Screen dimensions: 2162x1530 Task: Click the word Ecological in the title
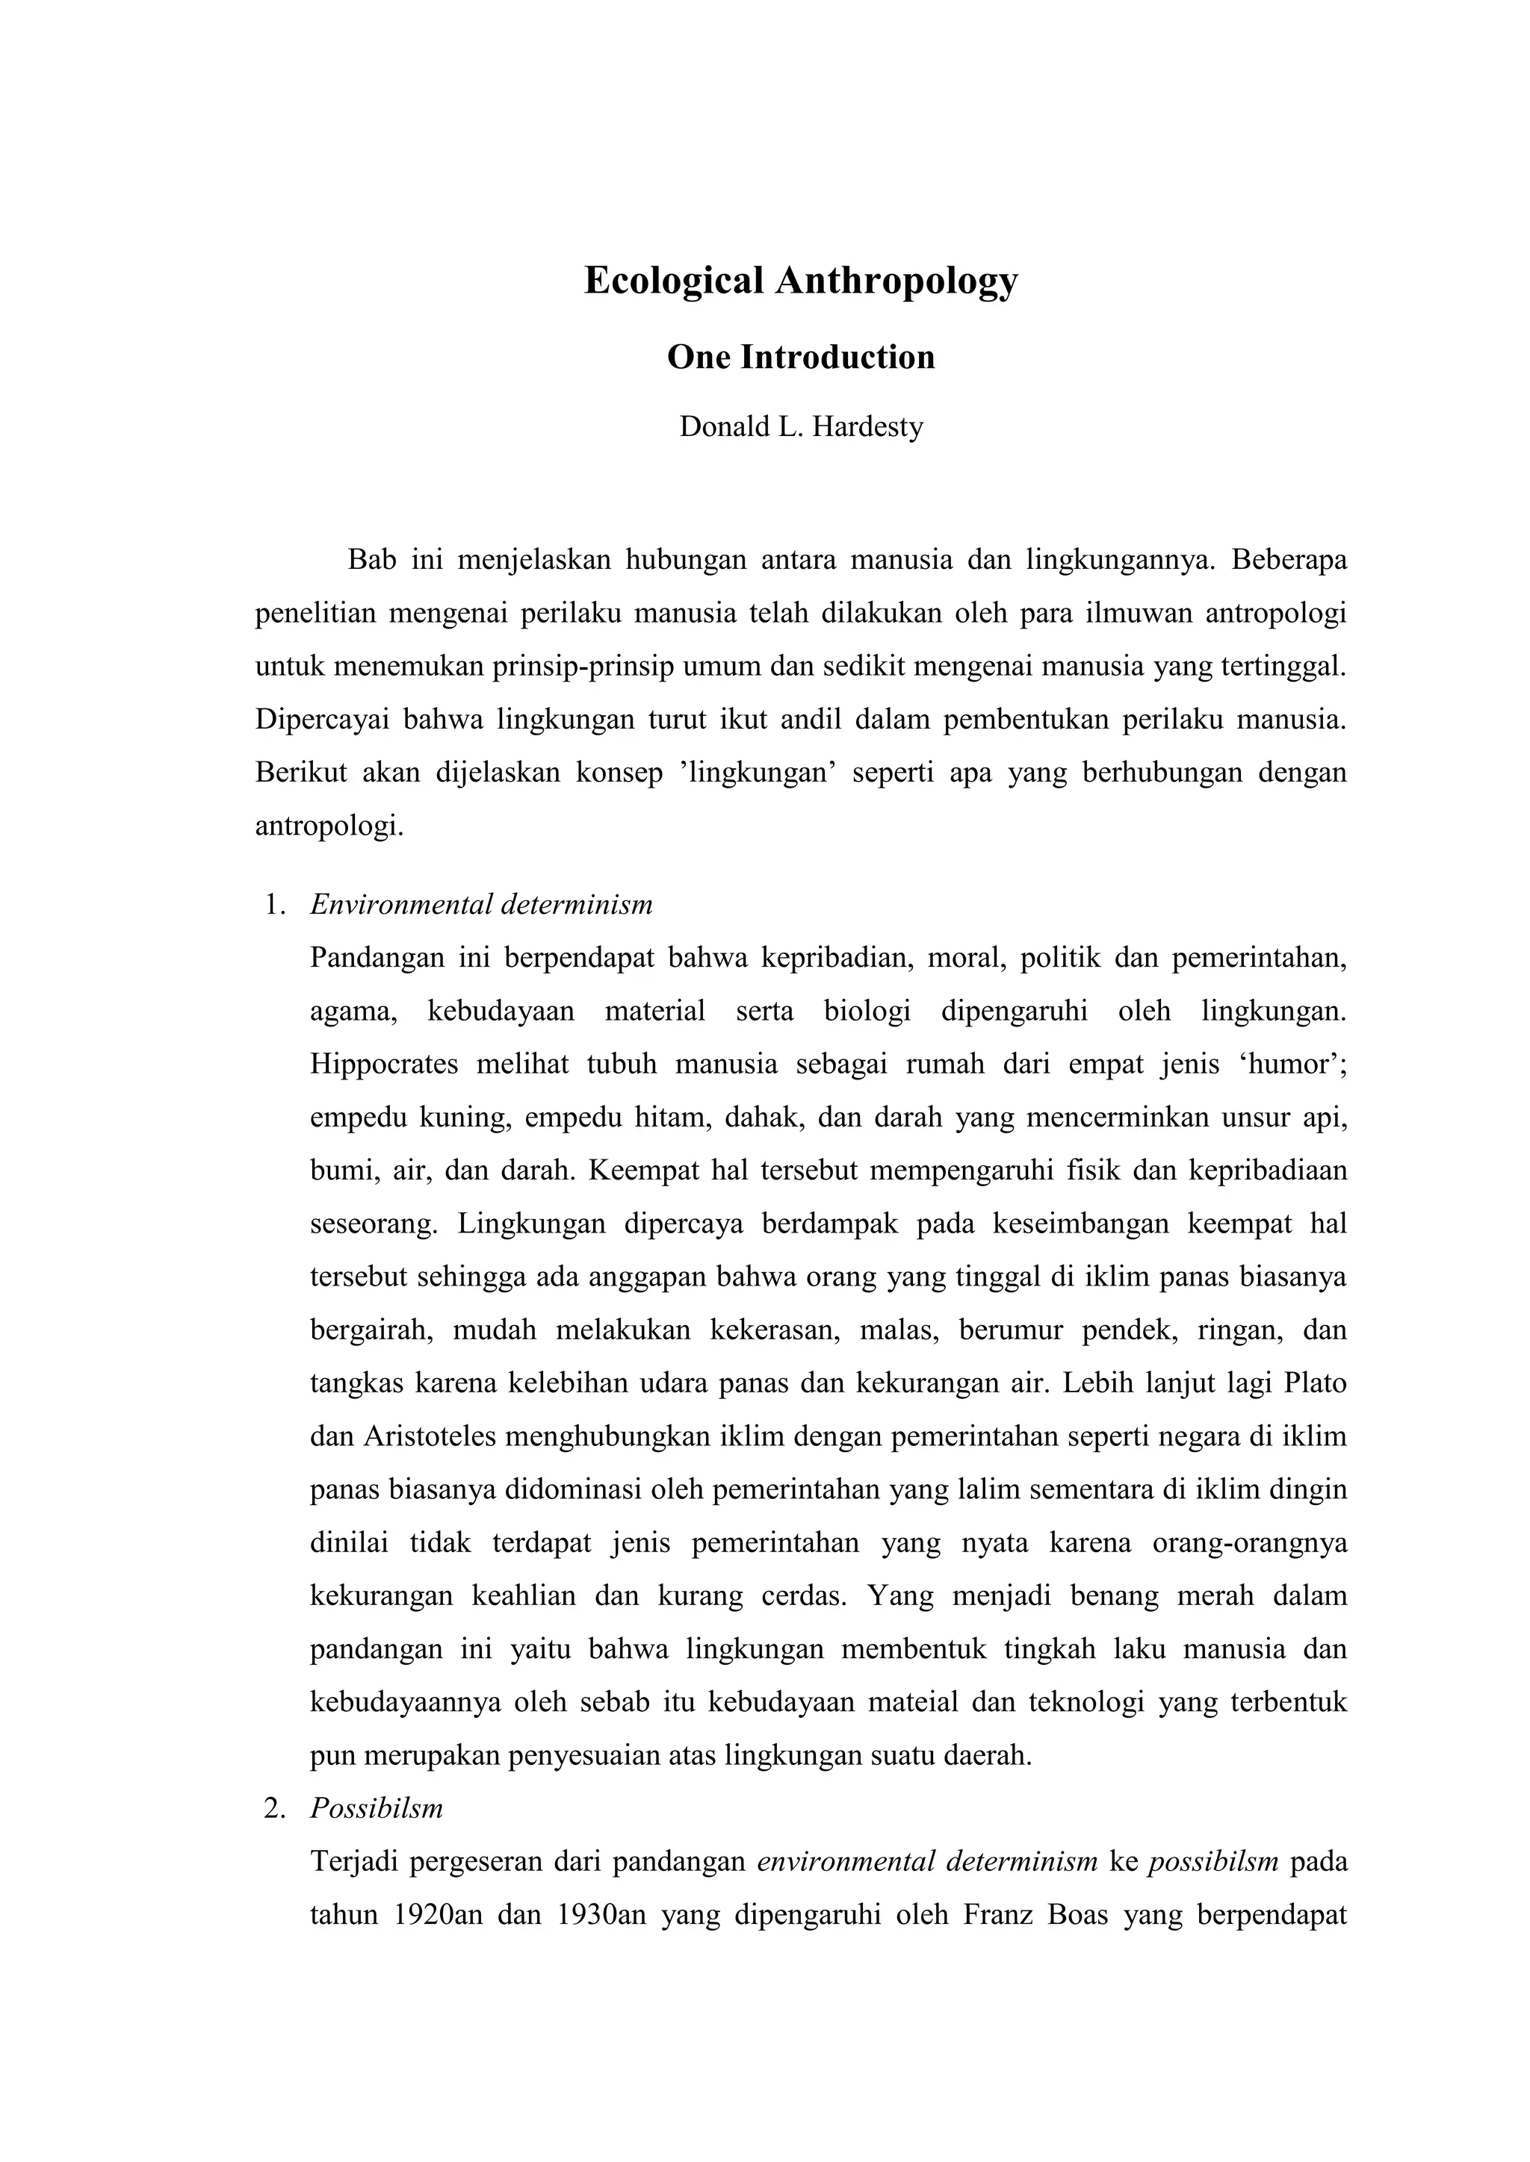click(x=674, y=281)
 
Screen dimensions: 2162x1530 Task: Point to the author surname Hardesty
click(x=867, y=428)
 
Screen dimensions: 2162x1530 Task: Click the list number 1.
click(x=274, y=906)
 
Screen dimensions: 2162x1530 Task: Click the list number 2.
click(x=274, y=1809)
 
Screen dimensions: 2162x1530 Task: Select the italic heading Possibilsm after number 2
click(x=376, y=1809)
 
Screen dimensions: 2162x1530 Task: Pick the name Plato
click(x=1315, y=1384)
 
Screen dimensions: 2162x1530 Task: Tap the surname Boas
click(x=1077, y=1916)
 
